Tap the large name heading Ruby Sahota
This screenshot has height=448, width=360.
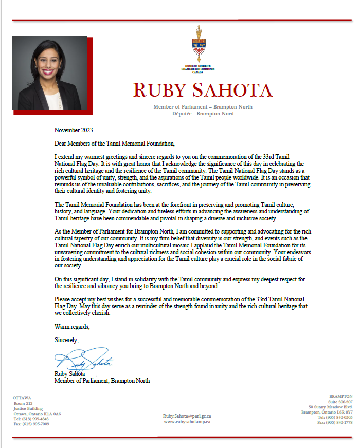pyautogui.click(x=203, y=91)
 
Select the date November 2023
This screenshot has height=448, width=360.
pyautogui.click(x=74, y=130)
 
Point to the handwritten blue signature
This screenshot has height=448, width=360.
pyautogui.click(x=82, y=359)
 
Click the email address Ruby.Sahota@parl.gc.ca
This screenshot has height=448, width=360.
pyautogui.click(x=187, y=415)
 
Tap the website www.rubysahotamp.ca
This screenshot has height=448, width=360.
pyautogui.click(x=187, y=421)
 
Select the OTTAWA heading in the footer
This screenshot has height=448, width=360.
pyautogui.click(x=23, y=398)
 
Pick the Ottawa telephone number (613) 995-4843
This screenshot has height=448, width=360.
pyautogui.click(x=32, y=419)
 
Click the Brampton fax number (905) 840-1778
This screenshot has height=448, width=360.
pyautogui.click(x=335, y=422)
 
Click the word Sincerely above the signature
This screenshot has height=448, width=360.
pyautogui.click(x=66, y=339)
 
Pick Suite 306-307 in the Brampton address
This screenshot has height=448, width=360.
pyautogui.click(x=341, y=402)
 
